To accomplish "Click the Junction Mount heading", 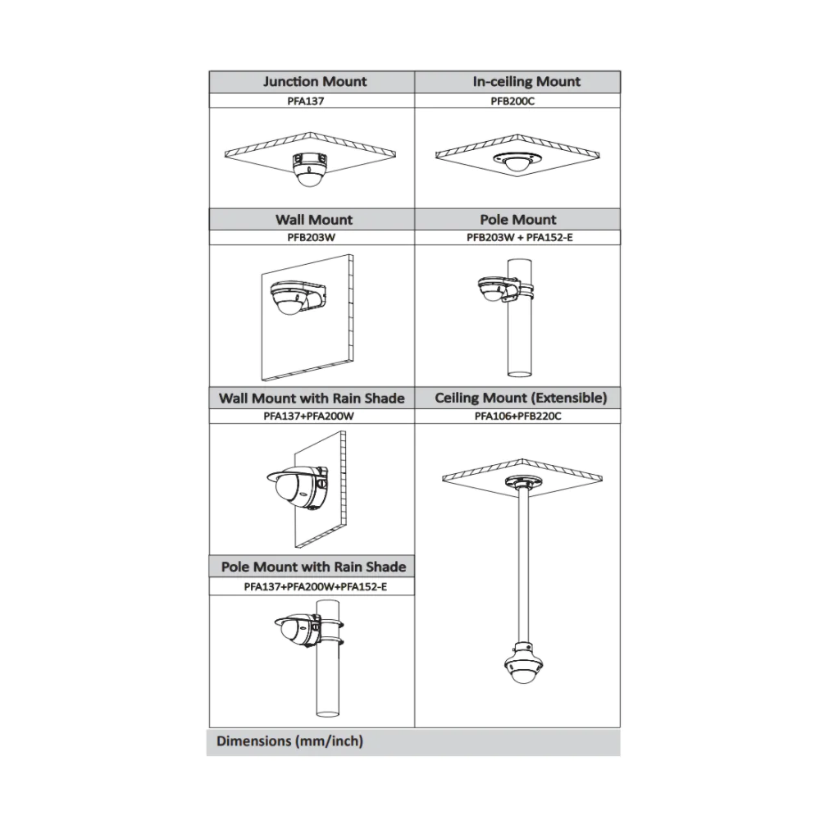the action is [315, 81].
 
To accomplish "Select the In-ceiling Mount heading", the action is [526, 81].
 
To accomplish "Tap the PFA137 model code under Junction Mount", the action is [305, 101].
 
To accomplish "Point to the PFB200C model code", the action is [512, 101].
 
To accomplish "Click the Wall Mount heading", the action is [314, 220].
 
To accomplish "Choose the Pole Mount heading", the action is [518, 220].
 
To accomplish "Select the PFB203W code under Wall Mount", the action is [311, 238].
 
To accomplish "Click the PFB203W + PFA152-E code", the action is [519, 238].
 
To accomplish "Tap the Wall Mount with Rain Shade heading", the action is [312, 399].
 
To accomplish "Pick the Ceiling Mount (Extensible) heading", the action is [521, 398].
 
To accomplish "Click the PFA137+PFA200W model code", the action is [308, 417].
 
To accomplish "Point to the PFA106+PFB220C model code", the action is [517, 417].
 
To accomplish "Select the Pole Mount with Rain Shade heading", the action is [313, 567].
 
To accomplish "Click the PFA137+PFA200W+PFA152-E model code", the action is [316, 587].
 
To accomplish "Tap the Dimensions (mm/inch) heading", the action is [289, 741].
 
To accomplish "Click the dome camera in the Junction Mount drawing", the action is [310, 169].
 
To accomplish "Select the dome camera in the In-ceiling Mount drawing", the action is [517, 162].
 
